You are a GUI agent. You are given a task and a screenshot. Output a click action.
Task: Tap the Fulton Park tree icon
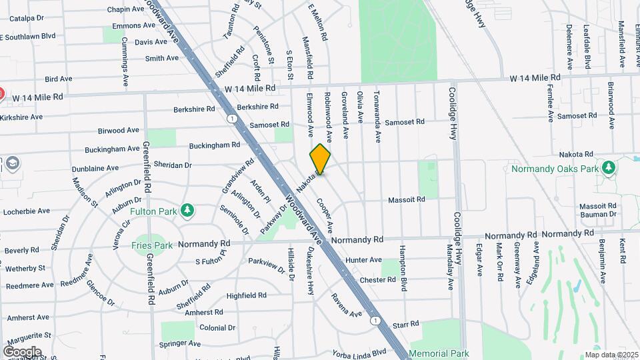click(x=189, y=211)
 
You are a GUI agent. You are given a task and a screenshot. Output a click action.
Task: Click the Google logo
click(x=22, y=351)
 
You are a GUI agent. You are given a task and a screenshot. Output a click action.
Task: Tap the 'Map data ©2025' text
click(x=611, y=355)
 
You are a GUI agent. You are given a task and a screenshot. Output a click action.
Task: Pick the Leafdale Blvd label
click(x=587, y=47)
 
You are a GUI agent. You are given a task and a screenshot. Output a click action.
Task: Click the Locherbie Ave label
click(x=27, y=211)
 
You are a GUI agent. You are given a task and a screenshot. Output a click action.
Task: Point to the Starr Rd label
click(x=405, y=324)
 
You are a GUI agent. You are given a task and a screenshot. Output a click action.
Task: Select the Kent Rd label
click(x=622, y=250)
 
